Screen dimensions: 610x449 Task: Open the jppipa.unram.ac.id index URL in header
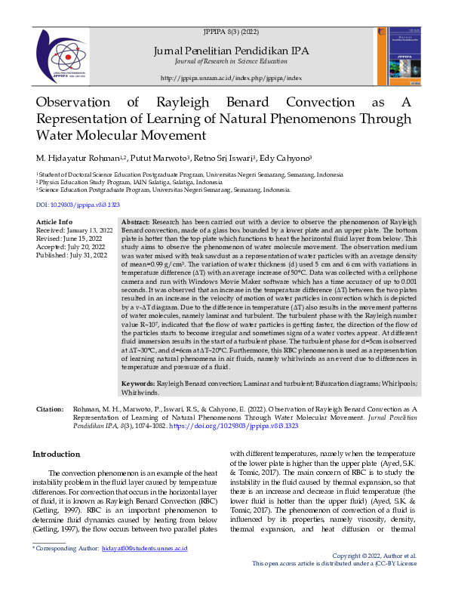click(x=231, y=78)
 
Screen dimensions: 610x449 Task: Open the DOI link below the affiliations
click(x=78, y=205)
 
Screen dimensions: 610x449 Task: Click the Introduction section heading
click(x=57, y=454)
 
